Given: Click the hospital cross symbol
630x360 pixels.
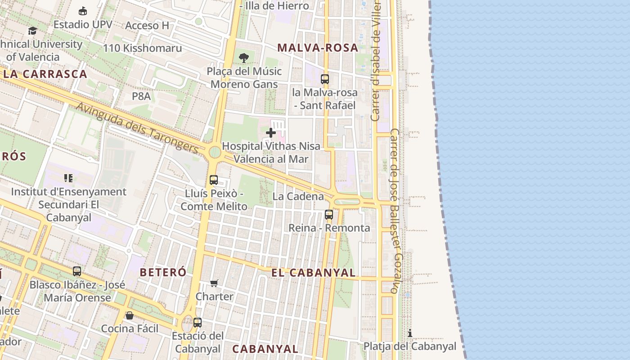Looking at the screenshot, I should point(271,133).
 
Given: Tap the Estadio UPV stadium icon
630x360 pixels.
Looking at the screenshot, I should point(83,11).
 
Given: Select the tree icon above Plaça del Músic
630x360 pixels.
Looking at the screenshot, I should point(244,58).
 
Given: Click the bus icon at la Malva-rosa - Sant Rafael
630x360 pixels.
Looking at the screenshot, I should point(325,79).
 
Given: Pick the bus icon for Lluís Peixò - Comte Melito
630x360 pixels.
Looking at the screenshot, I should point(214,180).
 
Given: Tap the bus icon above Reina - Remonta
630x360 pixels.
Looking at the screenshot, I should point(329,215).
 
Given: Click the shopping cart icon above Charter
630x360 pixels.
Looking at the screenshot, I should point(214,283).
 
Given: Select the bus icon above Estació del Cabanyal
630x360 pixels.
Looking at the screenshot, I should point(198,322).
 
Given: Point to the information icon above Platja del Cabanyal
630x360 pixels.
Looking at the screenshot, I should point(410,333).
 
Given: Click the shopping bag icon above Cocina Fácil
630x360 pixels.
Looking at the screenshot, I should point(130,315).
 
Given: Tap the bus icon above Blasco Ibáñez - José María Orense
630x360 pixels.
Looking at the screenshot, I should point(77,271).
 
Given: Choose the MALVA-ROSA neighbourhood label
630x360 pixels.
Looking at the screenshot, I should point(318,48).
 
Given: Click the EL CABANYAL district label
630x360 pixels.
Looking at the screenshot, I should point(313,273).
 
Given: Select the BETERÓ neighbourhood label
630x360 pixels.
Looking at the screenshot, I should point(163,272).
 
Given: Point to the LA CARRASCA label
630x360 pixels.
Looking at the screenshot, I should point(45,74).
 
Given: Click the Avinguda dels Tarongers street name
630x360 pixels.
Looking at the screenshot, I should point(137,127).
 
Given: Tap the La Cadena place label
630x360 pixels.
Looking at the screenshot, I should point(298,197).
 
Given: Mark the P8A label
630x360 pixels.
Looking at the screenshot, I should point(141,96).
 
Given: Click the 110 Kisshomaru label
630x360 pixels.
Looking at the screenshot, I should point(143,48).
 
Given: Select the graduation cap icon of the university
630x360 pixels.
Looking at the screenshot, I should point(32,31).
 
